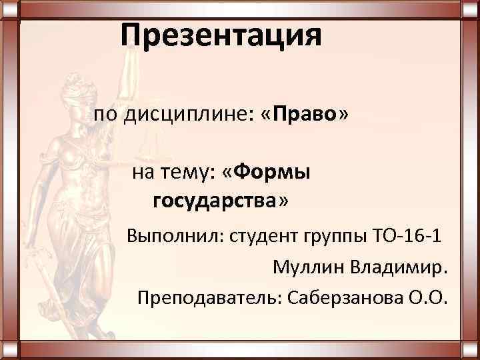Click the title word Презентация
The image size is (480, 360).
pos(221,35)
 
